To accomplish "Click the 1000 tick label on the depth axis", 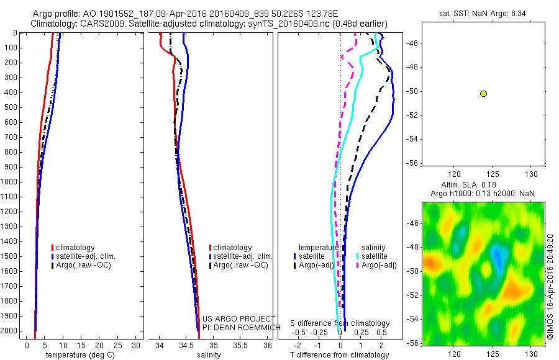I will pyautogui.click(x=12, y=182).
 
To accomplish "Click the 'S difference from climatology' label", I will pyautogui.click(x=340, y=323).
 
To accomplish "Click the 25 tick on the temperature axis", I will pyautogui.click(x=118, y=345).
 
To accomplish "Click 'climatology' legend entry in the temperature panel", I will pyautogui.click(x=75, y=247).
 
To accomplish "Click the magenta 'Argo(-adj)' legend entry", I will pyautogui.click(x=379, y=264).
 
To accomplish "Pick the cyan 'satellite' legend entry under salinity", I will pyautogui.click(x=375, y=256).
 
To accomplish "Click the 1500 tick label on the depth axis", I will pyautogui.click(x=12, y=257).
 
